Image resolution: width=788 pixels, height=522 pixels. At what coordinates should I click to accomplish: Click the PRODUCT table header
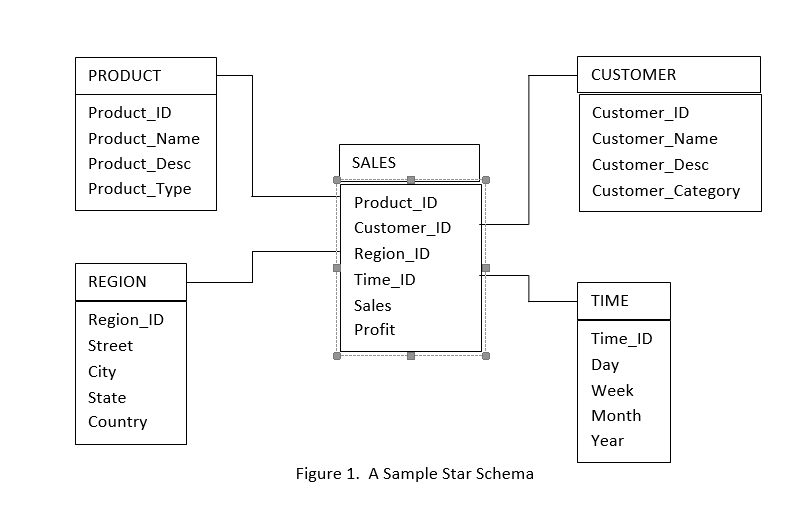(x=125, y=76)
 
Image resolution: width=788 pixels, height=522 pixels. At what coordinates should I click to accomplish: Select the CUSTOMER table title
(x=633, y=75)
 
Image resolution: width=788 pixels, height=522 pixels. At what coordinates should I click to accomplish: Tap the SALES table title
(x=374, y=162)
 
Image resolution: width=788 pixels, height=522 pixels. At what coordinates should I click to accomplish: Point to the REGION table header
(x=118, y=282)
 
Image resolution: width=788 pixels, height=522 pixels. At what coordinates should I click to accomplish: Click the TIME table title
(x=610, y=300)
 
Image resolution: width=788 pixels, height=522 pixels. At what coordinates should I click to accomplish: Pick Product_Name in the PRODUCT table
(x=144, y=139)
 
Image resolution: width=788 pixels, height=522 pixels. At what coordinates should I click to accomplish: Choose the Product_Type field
(x=140, y=189)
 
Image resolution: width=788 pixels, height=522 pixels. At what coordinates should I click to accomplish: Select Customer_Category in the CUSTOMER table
(x=666, y=191)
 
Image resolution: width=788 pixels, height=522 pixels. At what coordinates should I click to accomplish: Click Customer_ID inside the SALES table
(x=402, y=228)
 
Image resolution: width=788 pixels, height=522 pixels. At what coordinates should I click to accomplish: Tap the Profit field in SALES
(x=375, y=330)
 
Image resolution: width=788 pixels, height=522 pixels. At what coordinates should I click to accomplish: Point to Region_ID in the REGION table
(x=126, y=320)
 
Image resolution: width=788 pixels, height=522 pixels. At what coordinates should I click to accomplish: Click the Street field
(x=110, y=346)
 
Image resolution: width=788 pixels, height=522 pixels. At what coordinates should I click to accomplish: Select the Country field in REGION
(x=118, y=422)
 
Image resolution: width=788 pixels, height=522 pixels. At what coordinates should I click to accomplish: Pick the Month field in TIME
(x=616, y=416)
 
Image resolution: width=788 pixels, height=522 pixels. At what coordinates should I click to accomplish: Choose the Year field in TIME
(x=607, y=441)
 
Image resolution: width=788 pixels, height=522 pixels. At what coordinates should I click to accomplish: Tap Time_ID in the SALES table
(x=385, y=280)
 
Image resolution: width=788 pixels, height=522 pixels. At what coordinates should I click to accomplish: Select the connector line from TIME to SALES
(x=529, y=288)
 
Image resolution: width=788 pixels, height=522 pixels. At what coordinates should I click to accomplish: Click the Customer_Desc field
(x=650, y=165)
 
